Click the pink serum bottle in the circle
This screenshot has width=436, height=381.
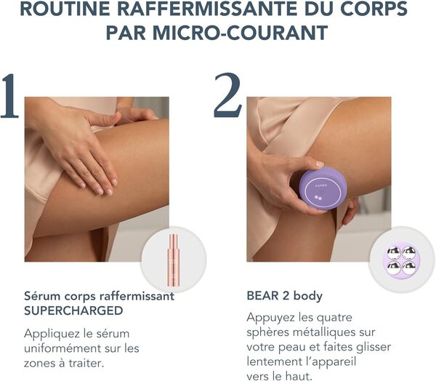point(173,260)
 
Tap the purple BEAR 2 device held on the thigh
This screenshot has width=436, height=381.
point(323,188)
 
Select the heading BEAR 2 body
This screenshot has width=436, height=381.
point(283,297)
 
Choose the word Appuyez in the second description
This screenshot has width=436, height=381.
point(272,318)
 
